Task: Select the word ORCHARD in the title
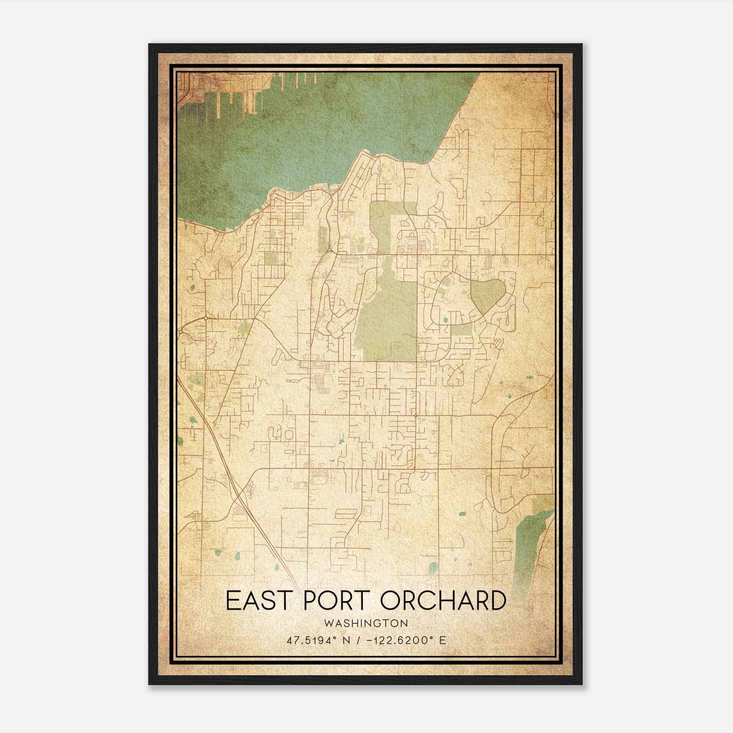tap(443, 601)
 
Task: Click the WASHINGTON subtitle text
tap(366, 624)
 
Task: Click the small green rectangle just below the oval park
tap(461, 330)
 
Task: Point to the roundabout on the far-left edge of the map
tap(207, 317)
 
